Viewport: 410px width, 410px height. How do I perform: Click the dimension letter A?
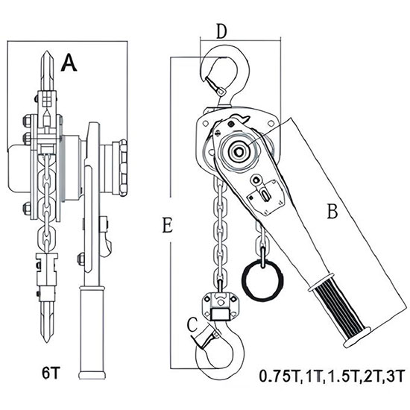pos(69,63)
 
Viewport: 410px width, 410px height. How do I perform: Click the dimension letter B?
pos(332,211)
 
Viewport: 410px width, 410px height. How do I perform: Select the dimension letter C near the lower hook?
pos(192,324)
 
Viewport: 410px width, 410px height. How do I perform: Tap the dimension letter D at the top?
pos(221,31)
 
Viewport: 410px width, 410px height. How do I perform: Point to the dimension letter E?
pos(167,225)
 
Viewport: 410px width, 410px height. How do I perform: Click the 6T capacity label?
pos(51,373)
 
